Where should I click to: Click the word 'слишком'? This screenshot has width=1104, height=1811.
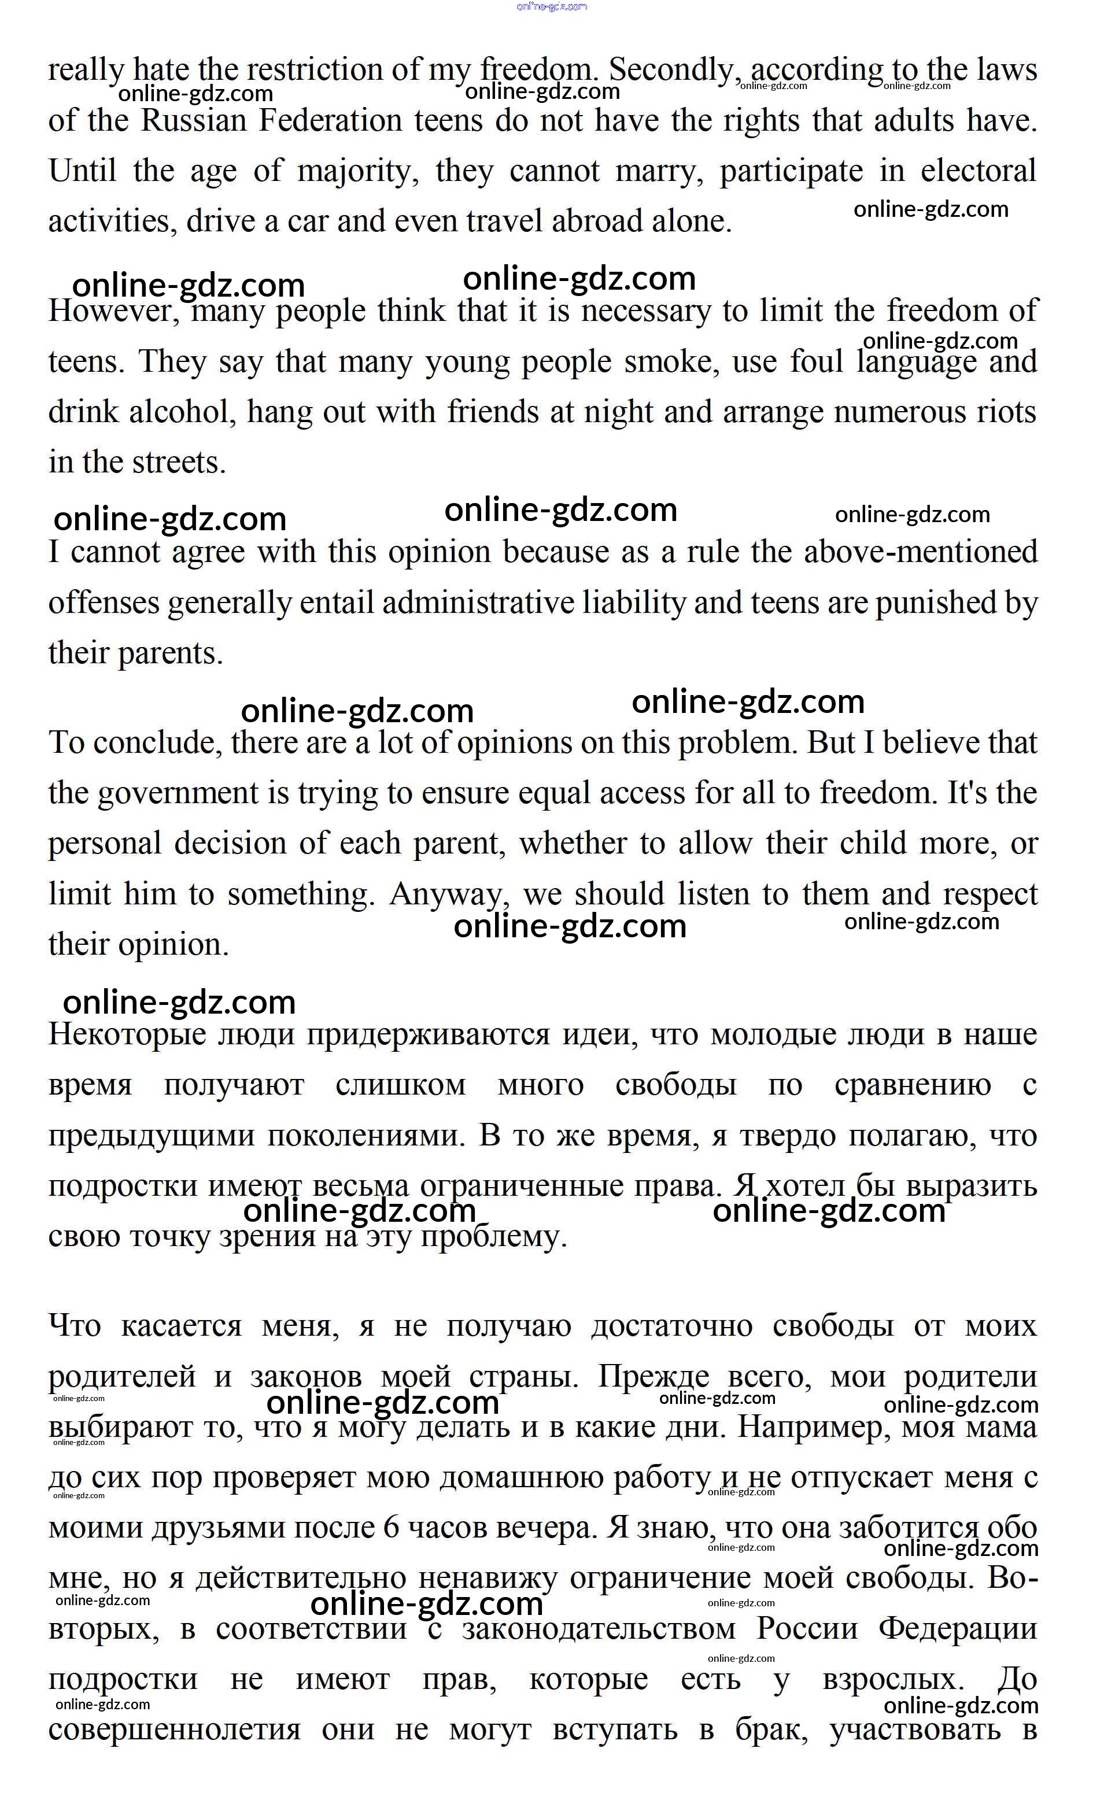(401, 1085)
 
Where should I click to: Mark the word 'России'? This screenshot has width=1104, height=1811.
(807, 1629)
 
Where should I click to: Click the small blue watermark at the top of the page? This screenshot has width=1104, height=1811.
(552, 6)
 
